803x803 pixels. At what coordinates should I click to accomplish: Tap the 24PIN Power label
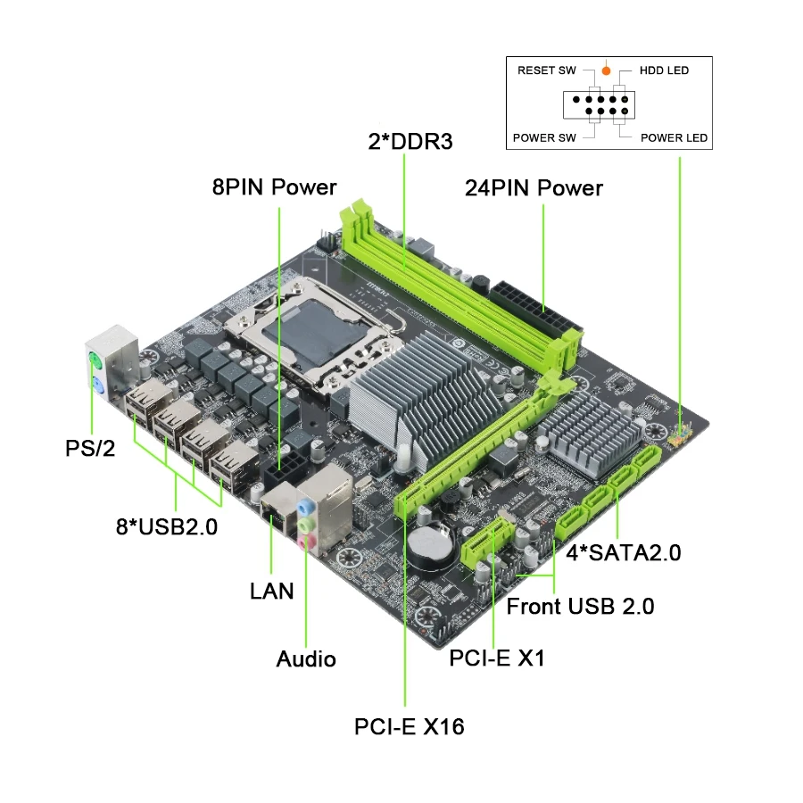point(534,188)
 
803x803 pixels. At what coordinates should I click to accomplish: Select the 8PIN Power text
point(275,186)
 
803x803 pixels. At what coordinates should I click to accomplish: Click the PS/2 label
point(91,448)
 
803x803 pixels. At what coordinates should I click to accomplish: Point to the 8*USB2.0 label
point(167,526)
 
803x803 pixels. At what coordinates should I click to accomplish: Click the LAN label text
point(272,591)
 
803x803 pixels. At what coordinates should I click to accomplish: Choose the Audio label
point(306,659)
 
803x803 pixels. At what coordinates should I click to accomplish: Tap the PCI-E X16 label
point(409,726)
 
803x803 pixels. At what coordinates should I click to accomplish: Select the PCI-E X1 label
point(497,658)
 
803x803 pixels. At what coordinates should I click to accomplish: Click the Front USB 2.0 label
point(580,607)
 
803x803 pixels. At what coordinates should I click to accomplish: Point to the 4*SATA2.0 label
point(624,553)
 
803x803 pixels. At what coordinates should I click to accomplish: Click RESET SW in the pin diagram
point(547,70)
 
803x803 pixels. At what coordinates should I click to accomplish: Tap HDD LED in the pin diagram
point(664,70)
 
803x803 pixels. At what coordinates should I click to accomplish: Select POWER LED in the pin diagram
point(674,137)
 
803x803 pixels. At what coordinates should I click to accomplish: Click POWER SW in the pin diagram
point(544,137)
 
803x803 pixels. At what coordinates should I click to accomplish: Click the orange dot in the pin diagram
point(606,70)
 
